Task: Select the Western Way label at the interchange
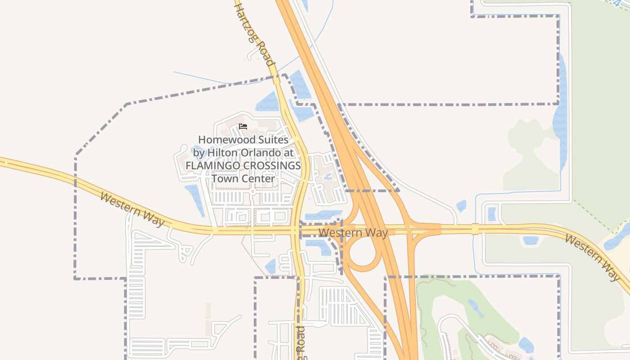353,233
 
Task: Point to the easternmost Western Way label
592,257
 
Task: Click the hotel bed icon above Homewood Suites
243,126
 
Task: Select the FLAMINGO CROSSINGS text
243,166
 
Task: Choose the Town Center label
243,179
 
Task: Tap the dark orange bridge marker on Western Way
475,229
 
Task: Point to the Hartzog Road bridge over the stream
276,80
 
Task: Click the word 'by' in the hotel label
199,153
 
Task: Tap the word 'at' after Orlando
289,153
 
